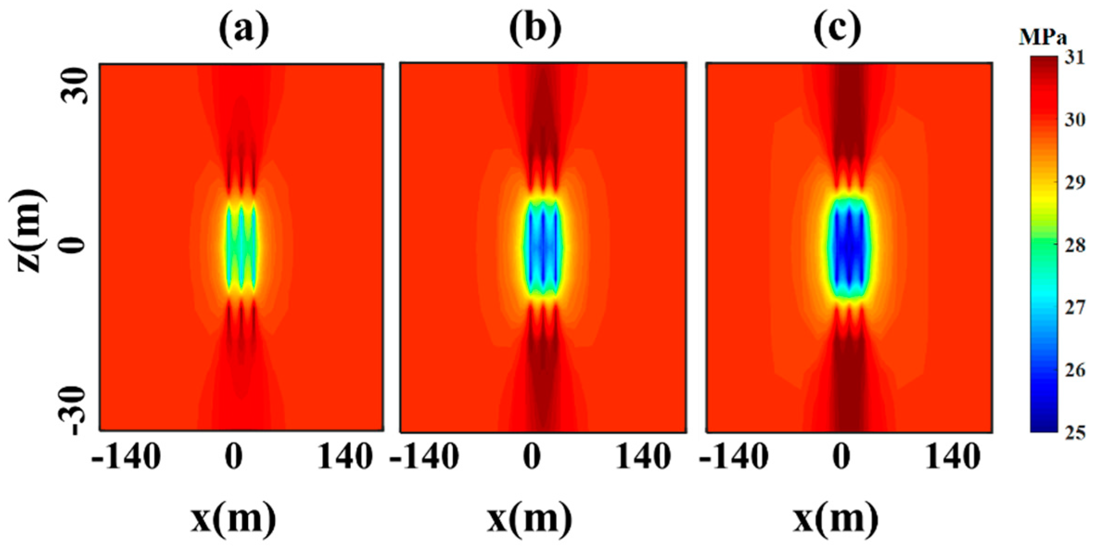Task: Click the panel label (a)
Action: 244,29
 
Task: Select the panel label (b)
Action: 535,29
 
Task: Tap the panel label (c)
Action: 838,29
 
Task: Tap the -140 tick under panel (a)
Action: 126,457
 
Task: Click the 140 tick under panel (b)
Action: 643,457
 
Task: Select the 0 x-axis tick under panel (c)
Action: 841,457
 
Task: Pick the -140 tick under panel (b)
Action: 424,457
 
